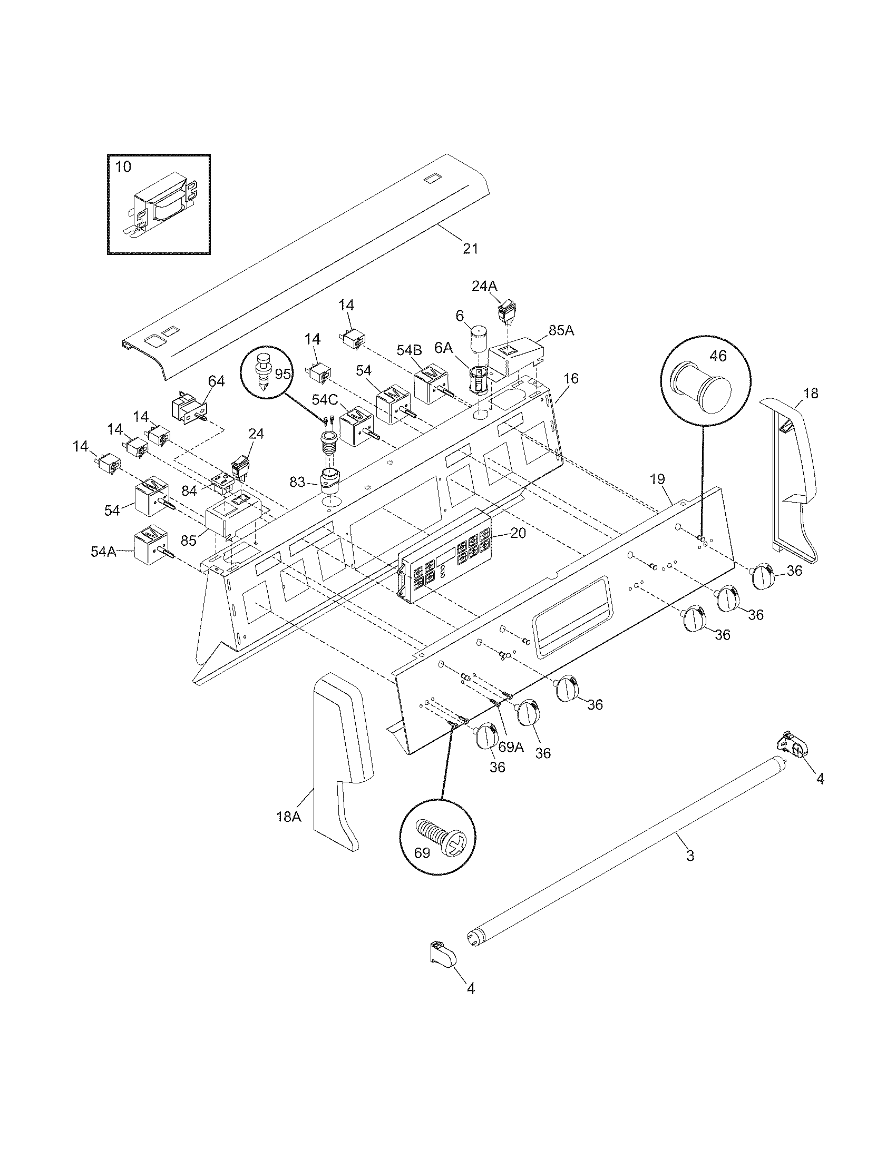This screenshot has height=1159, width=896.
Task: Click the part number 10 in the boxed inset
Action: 123,166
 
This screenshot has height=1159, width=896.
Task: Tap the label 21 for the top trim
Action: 470,248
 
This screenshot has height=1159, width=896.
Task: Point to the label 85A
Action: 561,331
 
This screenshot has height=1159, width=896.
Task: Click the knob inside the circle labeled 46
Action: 700,388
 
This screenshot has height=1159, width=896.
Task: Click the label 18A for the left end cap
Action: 288,817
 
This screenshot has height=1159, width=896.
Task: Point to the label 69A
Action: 511,747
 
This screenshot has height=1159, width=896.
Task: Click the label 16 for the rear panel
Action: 571,379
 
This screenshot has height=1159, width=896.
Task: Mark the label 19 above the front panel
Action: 657,479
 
